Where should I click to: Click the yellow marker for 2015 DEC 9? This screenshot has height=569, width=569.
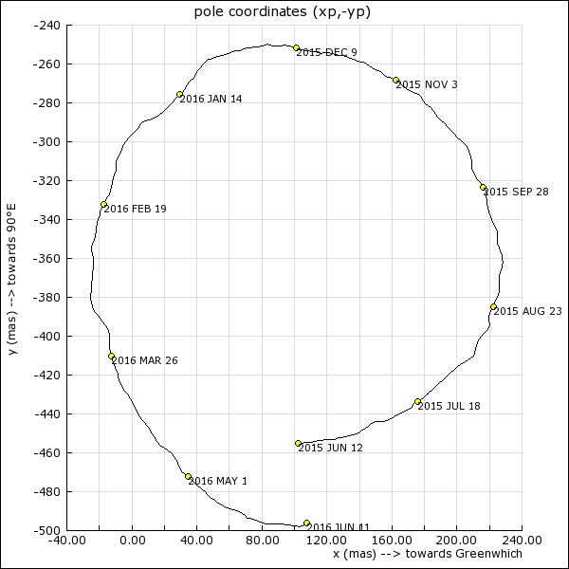[297, 47]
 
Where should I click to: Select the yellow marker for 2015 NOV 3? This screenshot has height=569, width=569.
[396, 80]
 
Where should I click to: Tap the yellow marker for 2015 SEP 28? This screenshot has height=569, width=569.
[484, 187]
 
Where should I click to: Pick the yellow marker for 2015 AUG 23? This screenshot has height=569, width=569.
[494, 306]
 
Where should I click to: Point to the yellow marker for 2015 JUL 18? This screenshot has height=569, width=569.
[418, 401]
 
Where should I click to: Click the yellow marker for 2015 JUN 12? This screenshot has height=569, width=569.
[299, 443]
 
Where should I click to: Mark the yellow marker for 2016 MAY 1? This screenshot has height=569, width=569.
[189, 476]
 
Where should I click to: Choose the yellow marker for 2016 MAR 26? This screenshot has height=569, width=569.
[112, 356]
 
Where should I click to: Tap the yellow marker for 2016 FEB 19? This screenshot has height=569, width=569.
[104, 204]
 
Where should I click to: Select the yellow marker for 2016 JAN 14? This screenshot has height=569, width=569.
[180, 94]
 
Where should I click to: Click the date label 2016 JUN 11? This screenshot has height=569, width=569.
[340, 527]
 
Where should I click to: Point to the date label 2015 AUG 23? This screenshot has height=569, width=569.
[528, 311]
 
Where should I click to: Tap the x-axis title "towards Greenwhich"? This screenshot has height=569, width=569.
[427, 553]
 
